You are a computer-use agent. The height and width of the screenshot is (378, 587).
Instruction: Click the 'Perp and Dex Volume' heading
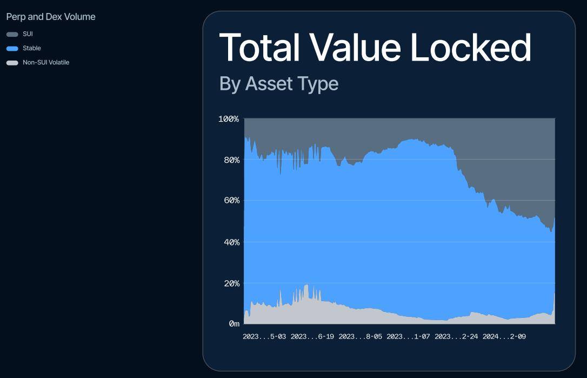(x=51, y=17)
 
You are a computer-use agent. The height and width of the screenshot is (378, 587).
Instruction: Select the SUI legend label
(x=28, y=34)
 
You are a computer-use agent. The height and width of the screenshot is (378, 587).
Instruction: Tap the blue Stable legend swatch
(x=12, y=48)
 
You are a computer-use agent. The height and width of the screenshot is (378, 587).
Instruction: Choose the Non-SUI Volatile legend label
(x=46, y=62)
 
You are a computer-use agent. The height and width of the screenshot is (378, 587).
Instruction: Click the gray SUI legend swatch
(x=12, y=34)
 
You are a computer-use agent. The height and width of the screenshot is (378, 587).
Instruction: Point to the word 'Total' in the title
(x=259, y=48)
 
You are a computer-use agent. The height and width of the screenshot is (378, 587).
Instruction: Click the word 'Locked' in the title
(x=471, y=47)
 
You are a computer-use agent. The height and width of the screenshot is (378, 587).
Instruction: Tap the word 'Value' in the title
(x=356, y=48)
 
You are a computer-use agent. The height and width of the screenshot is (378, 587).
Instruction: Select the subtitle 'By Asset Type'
(x=279, y=83)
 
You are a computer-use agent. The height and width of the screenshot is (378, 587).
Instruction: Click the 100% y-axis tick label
(x=229, y=119)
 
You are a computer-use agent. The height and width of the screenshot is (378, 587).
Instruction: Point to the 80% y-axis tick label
(x=232, y=160)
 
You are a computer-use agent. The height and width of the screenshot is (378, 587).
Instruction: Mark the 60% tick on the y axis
(x=232, y=201)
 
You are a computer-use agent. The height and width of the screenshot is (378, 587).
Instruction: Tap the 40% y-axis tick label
(x=232, y=242)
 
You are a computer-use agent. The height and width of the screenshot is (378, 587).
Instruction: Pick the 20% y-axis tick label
(x=232, y=283)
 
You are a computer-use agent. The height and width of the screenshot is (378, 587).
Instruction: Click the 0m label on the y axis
(x=235, y=324)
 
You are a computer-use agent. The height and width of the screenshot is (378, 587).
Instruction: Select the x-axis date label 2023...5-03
(x=264, y=336)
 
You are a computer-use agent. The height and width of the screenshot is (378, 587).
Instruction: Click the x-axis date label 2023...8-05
(x=360, y=336)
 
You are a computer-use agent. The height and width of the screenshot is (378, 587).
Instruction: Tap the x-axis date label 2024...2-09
(x=504, y=336)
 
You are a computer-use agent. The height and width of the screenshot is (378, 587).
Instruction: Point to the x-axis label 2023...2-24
(x=456, y=336)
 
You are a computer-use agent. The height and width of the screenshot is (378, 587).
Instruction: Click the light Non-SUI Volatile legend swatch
(x=12, y=63)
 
